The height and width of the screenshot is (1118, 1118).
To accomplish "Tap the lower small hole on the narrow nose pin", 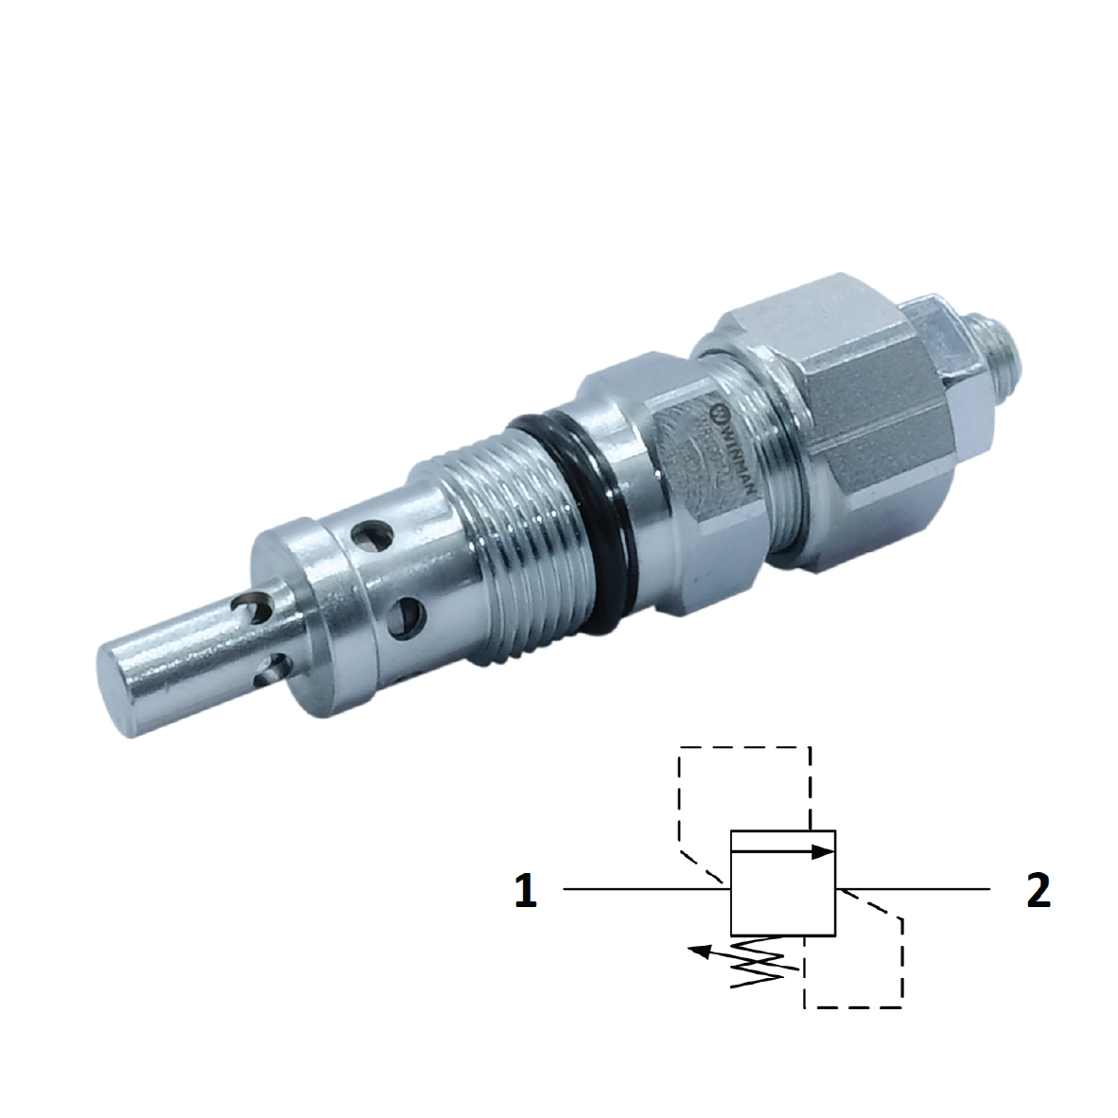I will [272, 669].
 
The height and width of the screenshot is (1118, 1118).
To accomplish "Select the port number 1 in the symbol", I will [526, 890].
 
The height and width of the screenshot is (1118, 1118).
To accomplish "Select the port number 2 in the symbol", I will [1038, 890].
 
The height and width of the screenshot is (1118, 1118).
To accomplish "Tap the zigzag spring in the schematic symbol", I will [766, 964].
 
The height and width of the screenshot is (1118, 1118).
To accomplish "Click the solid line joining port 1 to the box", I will [643, 889].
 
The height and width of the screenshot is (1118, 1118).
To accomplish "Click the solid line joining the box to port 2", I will [913, 889].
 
